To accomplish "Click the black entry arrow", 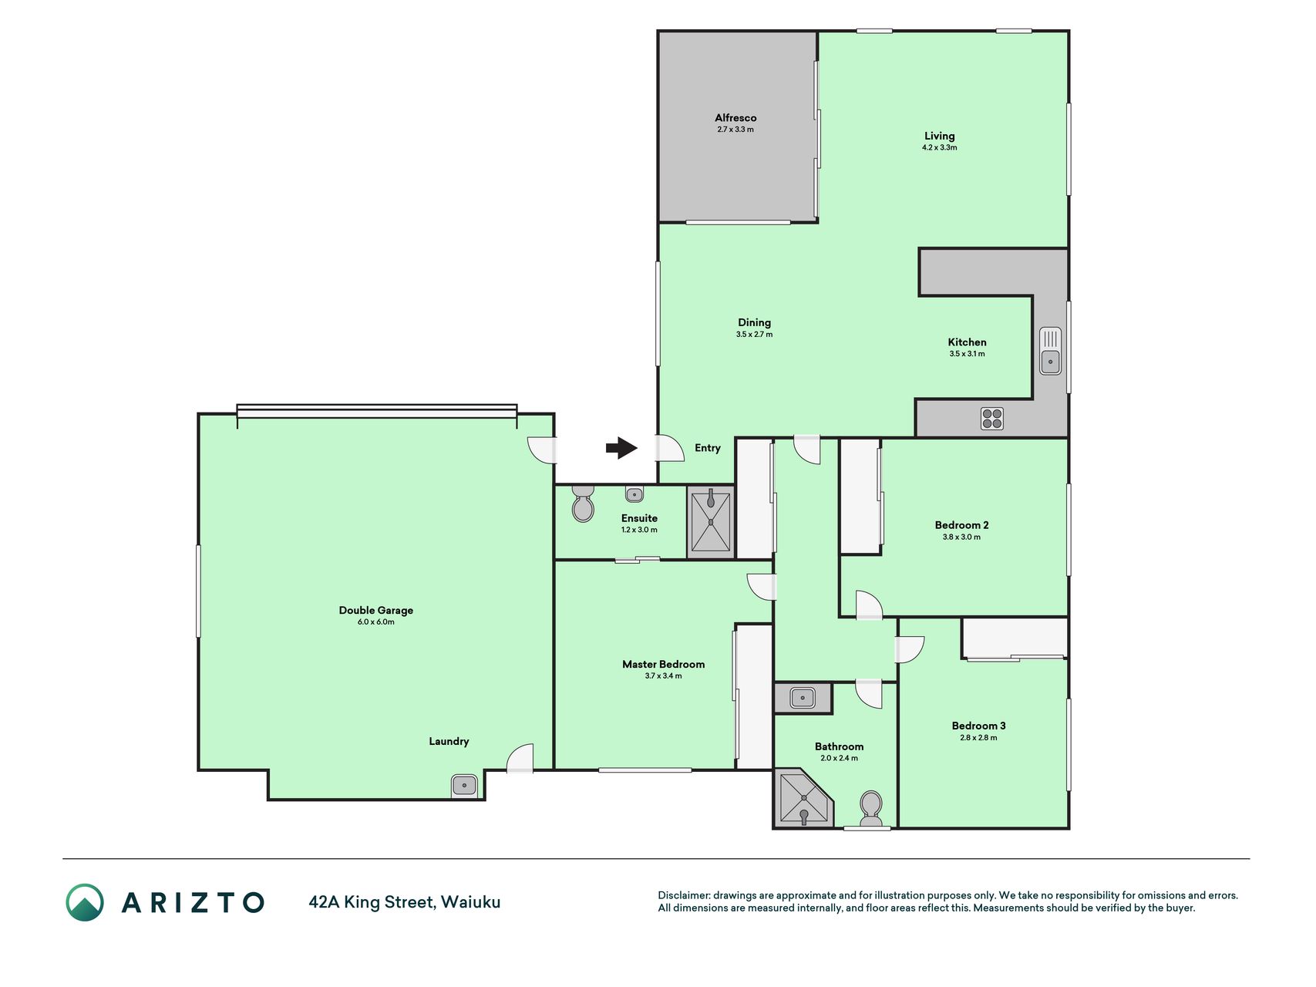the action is [621, 448].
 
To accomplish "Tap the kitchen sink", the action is [1050, 351].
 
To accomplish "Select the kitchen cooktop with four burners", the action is [992, 419].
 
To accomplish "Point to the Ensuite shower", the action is [711, 522].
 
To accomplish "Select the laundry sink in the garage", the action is [464, 786].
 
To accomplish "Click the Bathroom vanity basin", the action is [803, 699].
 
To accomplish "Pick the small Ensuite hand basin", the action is [634, 493].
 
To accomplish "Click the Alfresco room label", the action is [735, 118].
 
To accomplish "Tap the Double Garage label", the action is [376, 610].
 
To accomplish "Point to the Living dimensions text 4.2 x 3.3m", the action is [940, 147].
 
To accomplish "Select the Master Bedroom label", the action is [664, 664].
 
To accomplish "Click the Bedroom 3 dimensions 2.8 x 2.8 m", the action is [978, 738].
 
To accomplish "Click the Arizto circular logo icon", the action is [85, 902].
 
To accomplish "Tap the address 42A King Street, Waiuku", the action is [405, 902].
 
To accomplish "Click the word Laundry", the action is [449, 742].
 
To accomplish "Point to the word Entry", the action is [708, 448].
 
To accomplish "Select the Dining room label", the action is [754, 323].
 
